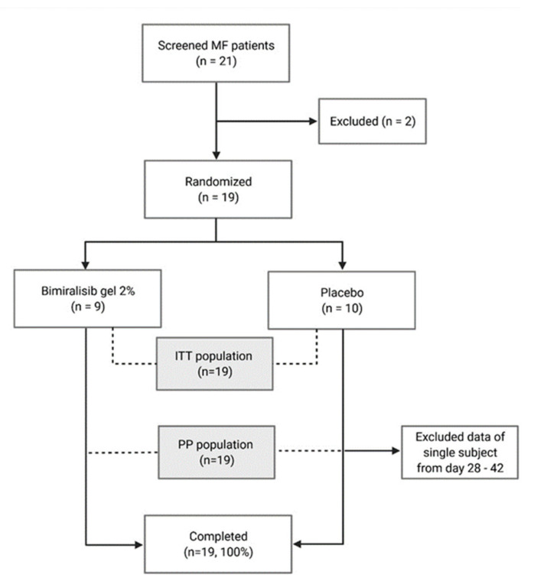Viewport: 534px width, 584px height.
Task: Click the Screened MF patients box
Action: [216, 54]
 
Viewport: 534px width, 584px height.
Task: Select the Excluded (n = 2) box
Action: [373, 121]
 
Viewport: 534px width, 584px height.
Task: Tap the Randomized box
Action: [218, 190]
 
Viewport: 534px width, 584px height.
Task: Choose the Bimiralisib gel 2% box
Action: [87, 299]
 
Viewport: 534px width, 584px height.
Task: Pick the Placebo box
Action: [342, 300]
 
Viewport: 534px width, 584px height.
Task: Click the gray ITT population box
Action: [215, 364]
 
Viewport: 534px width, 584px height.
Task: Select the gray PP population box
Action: [217, 453]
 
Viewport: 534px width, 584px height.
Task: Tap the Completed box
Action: [218, 544]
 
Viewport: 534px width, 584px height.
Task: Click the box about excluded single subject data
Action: [460, 453]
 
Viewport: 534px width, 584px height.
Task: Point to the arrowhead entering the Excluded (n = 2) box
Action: [314, 121]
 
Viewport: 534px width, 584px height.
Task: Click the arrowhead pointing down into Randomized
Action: [217, 155]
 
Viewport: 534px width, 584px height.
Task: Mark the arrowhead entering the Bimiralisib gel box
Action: [86, 264]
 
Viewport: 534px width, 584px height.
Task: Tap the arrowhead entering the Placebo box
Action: [343, 265]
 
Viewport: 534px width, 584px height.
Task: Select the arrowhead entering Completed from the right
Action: [297, 544]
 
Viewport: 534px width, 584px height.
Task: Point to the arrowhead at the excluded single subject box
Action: [396, 451]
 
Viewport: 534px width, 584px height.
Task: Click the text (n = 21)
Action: [217, 61]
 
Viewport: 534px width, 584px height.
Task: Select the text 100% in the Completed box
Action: [236, 552]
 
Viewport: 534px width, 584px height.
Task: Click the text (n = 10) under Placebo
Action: [342, 308]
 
